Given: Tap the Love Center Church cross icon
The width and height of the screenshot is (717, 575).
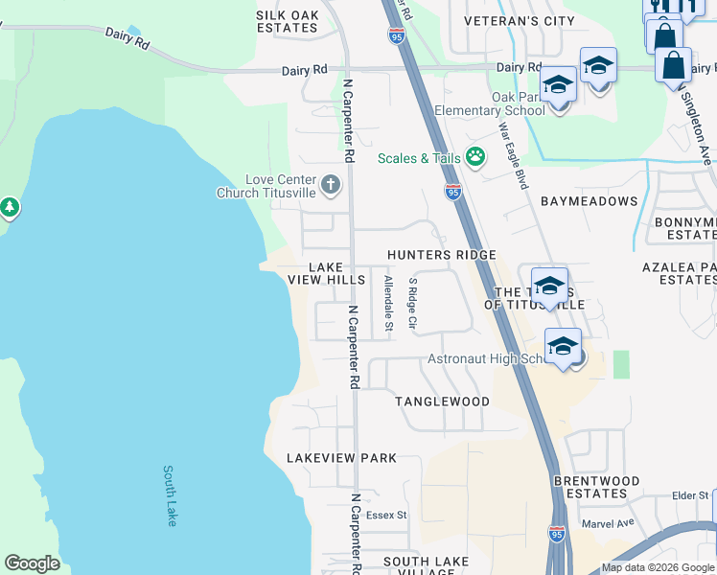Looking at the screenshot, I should [331, 184].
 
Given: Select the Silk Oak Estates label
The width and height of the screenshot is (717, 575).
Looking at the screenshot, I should [287, 21].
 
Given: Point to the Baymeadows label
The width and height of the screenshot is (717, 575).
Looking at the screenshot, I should [589, 201].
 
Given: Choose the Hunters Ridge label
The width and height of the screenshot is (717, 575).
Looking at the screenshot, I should [441, 255].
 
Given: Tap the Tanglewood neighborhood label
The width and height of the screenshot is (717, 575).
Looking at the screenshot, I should [442, 402].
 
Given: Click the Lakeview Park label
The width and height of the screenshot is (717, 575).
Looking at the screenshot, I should [341, 458].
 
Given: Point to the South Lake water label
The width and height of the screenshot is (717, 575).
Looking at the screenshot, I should [170, 495].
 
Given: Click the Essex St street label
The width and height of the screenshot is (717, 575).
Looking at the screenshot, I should [387, 515].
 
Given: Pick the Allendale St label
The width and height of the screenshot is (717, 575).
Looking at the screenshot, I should [388, 304].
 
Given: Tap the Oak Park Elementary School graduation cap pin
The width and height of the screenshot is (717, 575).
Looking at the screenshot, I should [558, 87].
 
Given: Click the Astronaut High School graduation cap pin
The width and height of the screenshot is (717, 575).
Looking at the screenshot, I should [563, 346].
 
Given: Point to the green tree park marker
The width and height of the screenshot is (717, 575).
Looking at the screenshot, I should [9, 207].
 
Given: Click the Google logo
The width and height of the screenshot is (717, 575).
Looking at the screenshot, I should [32, 563].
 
